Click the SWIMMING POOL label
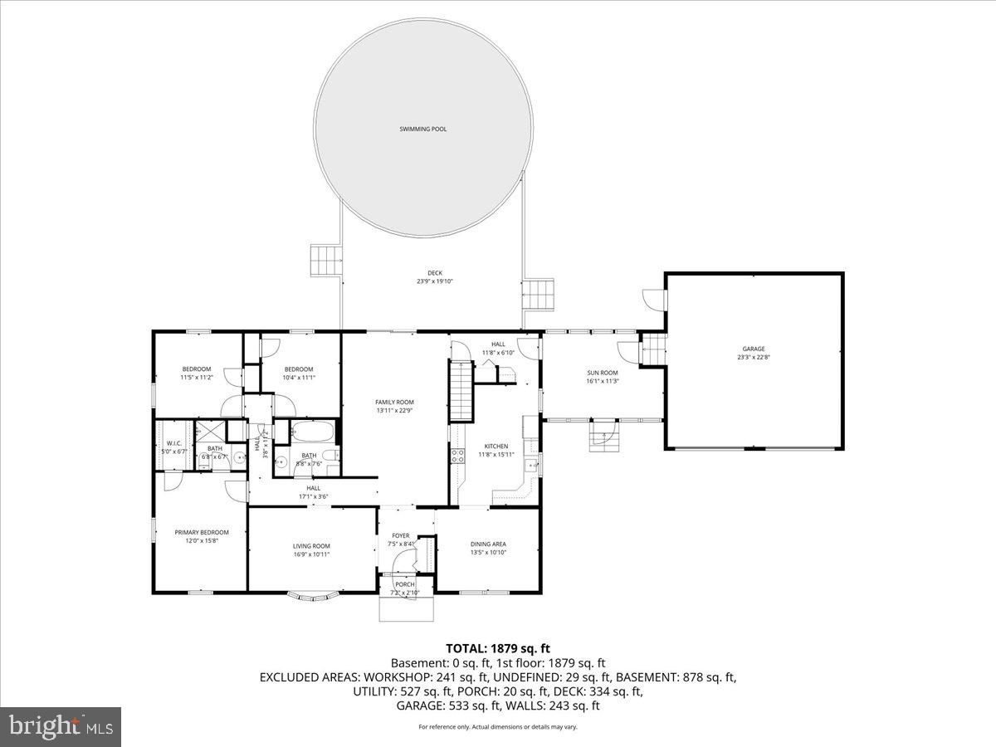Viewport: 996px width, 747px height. [x=423, y=129]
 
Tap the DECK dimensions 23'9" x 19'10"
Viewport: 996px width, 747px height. [x=434, y=281]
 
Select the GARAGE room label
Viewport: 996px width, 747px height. [x=754, y=349]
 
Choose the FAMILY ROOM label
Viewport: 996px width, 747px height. [x=394, y=402]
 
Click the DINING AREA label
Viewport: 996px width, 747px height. [x=488, y=544]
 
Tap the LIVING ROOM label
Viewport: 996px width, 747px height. [x=311, y=546]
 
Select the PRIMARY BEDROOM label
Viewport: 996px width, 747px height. [x=201, y=532]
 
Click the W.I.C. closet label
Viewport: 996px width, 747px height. [x=174, y=442]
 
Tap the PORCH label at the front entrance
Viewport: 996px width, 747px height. [x=405, y=584]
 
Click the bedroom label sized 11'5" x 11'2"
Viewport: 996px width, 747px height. [x=197, y=369]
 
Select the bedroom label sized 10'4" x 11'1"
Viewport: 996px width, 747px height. [x=298, y=369]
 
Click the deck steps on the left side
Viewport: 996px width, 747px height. [x=326, y=259]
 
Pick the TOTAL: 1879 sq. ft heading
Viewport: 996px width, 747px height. [x=497, y=648]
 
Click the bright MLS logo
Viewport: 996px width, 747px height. [x=61, y=727]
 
